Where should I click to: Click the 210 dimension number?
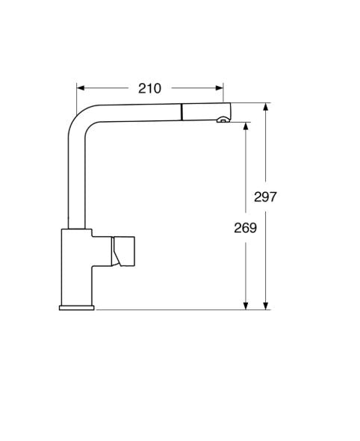point(149,88)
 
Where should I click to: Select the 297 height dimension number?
point(265,197)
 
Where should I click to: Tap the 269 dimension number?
point(244,228)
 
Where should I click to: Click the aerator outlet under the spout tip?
point(222,120)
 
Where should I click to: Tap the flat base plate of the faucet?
point(75,306)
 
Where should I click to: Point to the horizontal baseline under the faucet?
point(179,309)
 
